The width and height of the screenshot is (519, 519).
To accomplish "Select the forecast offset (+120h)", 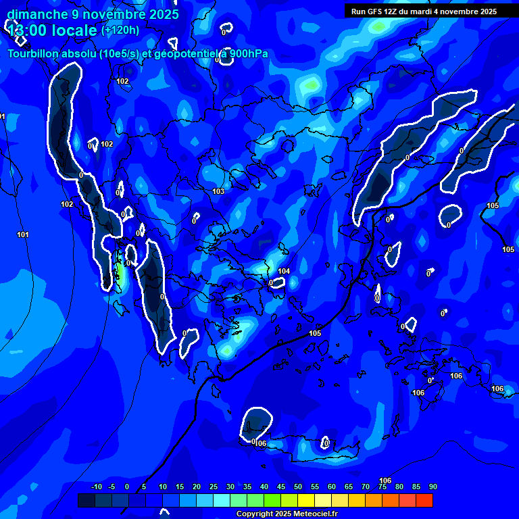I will (x=120, y=30).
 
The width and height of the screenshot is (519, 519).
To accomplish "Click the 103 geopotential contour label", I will (x=218, y=191).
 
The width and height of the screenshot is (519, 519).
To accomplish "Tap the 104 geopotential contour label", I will (x=284, y=271).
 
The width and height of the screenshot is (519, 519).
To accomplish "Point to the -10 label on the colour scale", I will (x=96, y=487).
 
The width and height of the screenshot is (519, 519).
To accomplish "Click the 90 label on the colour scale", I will (x=432, y=487).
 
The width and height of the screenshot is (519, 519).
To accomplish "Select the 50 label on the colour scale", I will (x=298, y=487).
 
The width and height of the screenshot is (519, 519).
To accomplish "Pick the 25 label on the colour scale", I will (x=214, y=487).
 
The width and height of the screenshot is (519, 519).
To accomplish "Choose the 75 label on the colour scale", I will (x=382, y=487).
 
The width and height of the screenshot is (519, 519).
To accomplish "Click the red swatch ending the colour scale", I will (x=424, y=500).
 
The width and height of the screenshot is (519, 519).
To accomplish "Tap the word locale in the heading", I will (x=75, y=30).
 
